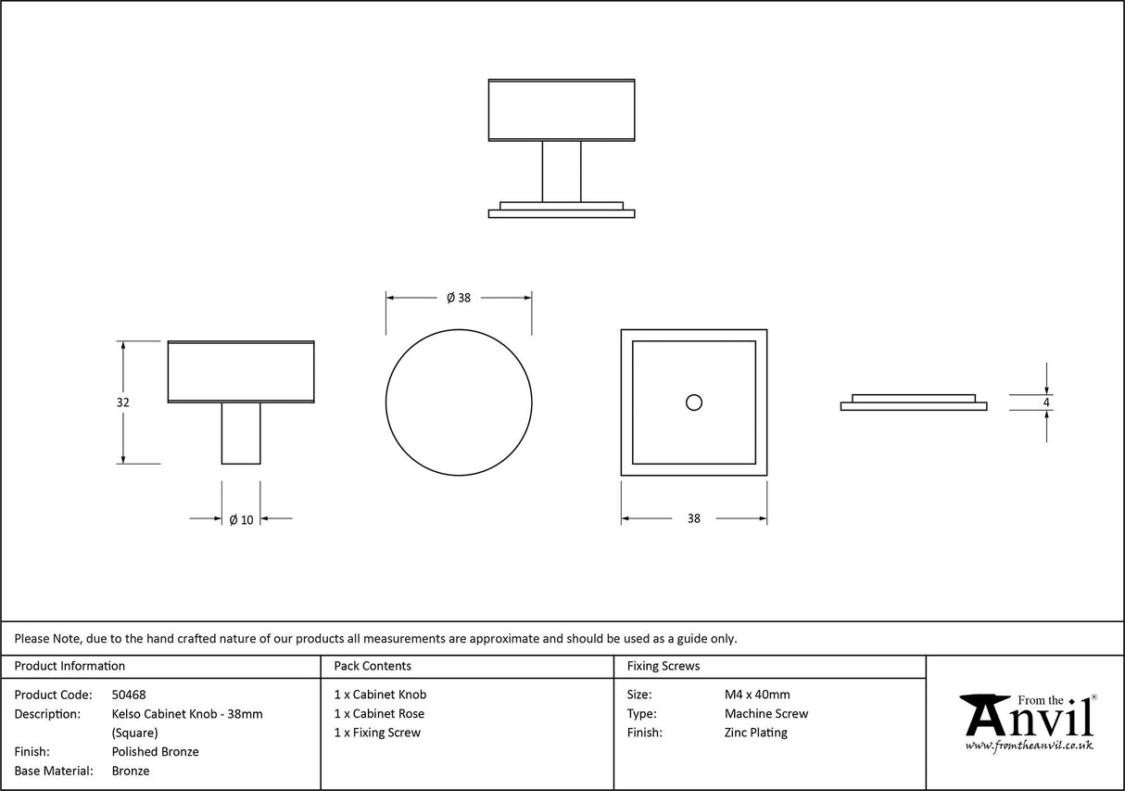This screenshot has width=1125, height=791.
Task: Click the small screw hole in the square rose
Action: tap(693, 402)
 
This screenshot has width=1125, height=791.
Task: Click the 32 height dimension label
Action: tap(123, 402)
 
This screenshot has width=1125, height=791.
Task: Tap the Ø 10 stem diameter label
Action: tap(241, 519)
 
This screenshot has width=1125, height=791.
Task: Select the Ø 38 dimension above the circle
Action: tap(459, 298)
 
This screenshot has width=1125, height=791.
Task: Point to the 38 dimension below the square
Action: tap(694, 519)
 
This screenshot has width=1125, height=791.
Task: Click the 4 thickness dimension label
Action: tap(1046, 402)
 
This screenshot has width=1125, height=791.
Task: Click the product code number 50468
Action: tap(129, 695)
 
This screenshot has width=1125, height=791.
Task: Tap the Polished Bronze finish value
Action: tap(155, 752)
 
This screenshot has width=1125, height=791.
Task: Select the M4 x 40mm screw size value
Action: tap(757, 695)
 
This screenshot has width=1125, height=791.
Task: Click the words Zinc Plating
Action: tap(755, 733)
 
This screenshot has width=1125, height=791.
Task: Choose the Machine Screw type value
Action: tap(765, 714)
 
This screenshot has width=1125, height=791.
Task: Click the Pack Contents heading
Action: tap(373, 666)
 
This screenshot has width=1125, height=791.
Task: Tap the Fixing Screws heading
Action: tap(664, 666)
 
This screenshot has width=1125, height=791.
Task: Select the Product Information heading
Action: tap(70, 666)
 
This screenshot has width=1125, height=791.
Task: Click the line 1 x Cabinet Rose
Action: tap(379, 714)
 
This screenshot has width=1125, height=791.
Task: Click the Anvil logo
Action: tap(1027, 717)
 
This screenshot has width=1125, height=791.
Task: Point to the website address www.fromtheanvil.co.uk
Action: tap(1029, 746)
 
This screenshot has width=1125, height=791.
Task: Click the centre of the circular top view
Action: tap(459, 403)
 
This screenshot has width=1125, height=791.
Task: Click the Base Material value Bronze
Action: tap(131, 771)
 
